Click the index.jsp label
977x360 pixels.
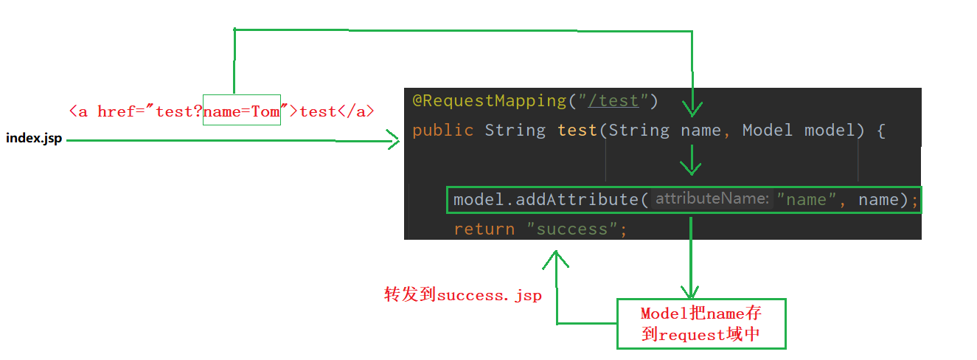tap(34, 139)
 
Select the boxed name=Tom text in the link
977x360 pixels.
tap(242, 111)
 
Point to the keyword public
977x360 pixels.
tap(442, 131)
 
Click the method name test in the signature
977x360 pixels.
tap(577, 131)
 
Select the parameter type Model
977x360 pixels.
tap(767, 131)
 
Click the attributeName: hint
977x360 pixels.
tap(712, 198)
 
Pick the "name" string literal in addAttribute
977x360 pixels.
tap(806, 199)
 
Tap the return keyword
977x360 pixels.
tap(484, 229)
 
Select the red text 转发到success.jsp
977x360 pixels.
tap(463, 296)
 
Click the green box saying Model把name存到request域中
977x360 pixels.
tap(701, 324)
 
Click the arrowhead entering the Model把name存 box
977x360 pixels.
tap(690, 293)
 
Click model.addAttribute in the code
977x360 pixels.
tap(545, 199)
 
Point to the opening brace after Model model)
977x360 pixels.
tap(880, 131)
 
